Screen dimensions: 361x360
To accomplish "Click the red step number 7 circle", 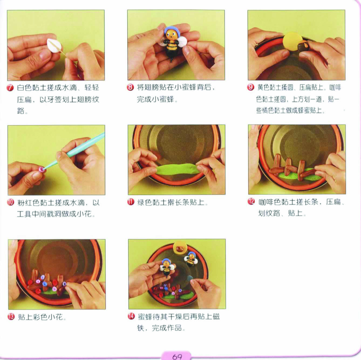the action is (x=10, y=87).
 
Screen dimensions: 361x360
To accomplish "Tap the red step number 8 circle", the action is (x=130, y=87).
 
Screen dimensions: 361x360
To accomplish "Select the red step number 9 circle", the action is (x=250, y=87).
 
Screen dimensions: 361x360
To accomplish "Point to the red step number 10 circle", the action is (x=11, y=203).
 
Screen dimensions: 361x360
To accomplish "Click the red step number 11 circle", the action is (x=131, y=202).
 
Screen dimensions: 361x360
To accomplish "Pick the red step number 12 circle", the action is (x=251, y=202).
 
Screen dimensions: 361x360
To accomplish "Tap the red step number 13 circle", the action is (x=11, y=317).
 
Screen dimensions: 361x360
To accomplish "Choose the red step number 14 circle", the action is (x=131, y=316).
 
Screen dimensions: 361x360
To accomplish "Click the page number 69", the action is (x=177, y=356).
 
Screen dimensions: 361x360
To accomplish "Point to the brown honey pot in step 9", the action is (x=303, y=46).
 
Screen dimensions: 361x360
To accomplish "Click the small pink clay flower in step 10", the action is (x=41, y=170).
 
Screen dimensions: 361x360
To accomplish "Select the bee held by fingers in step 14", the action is (x=167, y=267).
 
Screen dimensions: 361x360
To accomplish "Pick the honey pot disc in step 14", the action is (x=180, y=248).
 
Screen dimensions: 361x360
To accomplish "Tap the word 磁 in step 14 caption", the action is (x=216, y=317).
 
